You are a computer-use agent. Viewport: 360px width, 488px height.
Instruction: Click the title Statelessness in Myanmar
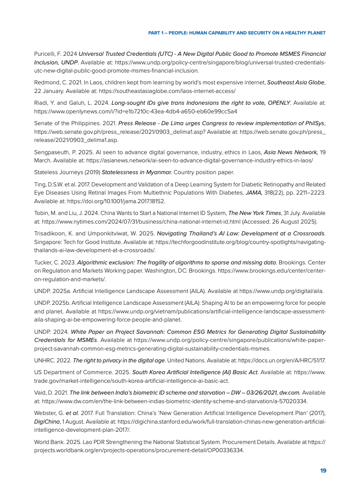coord(137,172)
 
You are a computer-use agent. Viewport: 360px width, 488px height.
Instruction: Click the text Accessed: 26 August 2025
coord(280,221)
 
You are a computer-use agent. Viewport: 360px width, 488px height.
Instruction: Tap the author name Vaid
coord(40,392)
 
